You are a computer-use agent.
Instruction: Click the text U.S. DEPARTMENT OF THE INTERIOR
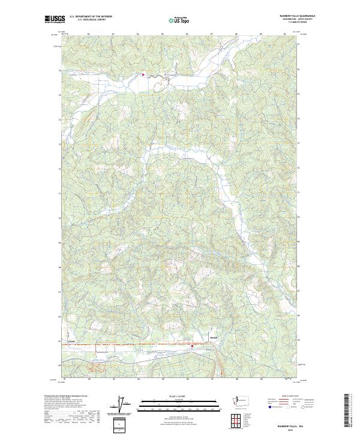91,17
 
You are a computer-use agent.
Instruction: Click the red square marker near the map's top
143,74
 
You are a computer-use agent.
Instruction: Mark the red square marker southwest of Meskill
192,346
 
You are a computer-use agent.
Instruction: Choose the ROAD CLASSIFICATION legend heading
291,397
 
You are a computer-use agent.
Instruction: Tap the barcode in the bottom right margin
347,412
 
